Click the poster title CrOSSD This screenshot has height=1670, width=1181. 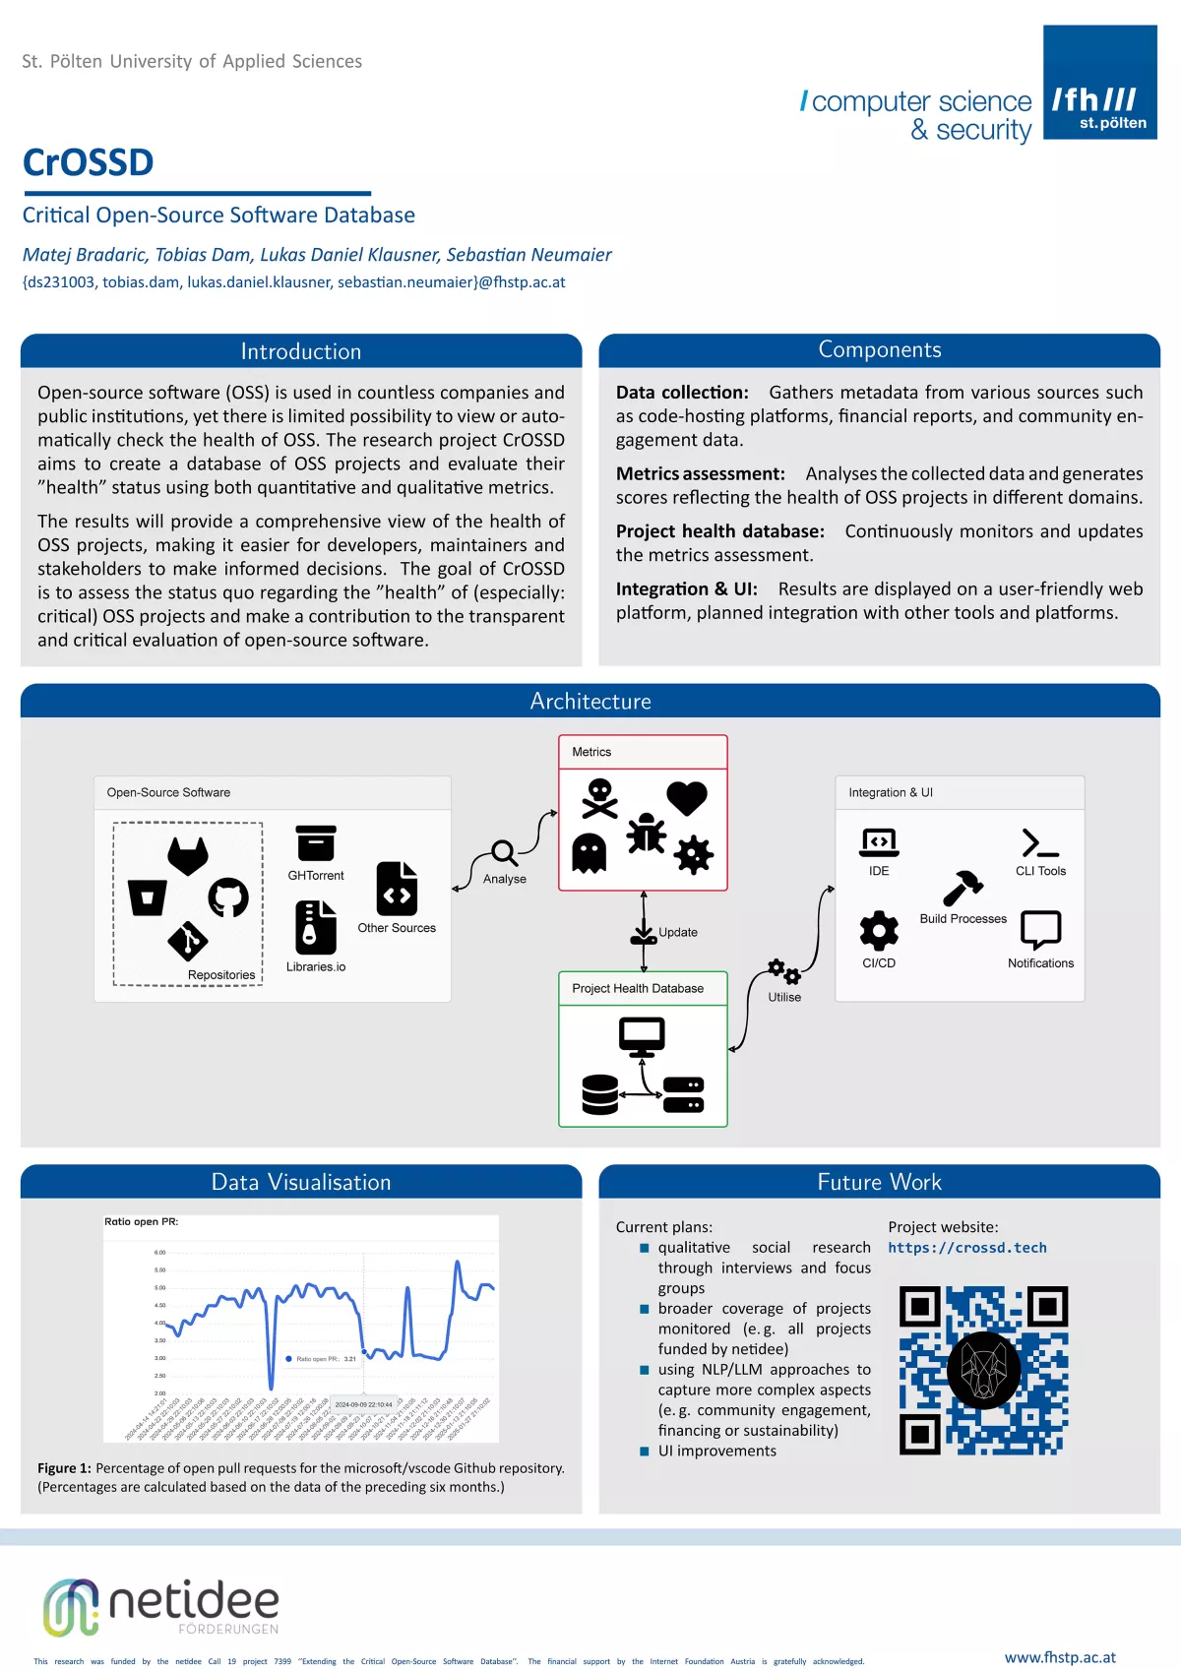point(89,162)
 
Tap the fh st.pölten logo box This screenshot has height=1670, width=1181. point(1099,83)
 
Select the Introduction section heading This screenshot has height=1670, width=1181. point(301,351)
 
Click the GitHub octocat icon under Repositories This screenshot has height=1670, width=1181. point(228,897)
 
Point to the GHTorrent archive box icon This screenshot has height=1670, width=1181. point(316,843)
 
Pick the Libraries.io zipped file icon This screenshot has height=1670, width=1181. point(316,927)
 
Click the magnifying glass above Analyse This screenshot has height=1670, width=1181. point(504,853)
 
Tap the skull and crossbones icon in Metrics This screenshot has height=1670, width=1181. point(599,798)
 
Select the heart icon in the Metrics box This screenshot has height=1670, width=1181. point(687,797)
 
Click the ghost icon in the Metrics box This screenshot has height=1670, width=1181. point(590,853)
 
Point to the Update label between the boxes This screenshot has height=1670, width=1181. point(678,932)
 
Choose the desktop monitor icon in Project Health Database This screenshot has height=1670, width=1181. point(642,1037)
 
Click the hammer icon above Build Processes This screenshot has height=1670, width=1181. point(963,888)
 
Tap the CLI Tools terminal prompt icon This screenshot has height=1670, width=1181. point(1040,843)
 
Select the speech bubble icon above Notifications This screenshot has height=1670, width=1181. point(1040,929)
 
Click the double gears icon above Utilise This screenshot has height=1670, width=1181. point(784,971)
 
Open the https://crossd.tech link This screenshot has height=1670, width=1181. point(967,1248)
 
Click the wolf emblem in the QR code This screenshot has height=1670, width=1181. point(983,1371)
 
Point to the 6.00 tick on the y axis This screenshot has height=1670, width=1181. point(159,1253)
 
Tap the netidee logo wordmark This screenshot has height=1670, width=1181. point(193,1601)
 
